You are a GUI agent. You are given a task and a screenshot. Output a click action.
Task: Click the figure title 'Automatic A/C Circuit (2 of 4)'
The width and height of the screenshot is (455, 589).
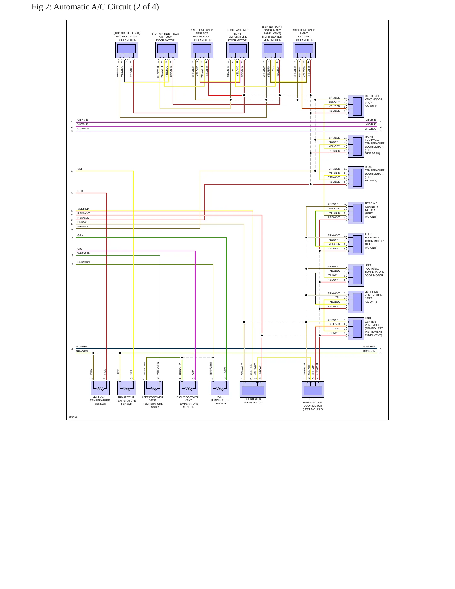(x=106, y=7)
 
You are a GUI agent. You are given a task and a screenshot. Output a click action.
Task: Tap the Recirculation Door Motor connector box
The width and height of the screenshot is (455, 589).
(x=127, y=50)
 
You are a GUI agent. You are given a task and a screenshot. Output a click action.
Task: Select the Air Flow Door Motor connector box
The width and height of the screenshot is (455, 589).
(x=167, y=50)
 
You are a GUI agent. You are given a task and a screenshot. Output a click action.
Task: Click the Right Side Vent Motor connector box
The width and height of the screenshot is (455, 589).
(x=356, y=106)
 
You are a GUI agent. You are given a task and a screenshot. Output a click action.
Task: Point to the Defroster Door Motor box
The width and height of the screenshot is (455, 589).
(x=253, y=390)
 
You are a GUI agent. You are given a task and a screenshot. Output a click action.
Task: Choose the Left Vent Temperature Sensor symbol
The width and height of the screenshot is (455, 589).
(x=100, y=388)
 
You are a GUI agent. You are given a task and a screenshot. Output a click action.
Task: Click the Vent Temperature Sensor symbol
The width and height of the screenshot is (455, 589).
(x=220, y=388)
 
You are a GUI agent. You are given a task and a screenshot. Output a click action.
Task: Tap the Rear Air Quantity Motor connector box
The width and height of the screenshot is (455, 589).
(x=356, y=213)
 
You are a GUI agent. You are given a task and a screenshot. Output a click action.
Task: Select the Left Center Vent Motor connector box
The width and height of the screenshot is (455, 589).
(x=356, y=329)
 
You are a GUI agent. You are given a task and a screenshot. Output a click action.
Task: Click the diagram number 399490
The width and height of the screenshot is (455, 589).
(x=73, y=417)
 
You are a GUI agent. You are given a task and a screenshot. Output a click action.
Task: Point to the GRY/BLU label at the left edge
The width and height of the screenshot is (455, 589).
(x=83, y=129)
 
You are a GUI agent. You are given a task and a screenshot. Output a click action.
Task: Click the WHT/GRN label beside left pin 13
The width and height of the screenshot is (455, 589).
(x=84, y=253)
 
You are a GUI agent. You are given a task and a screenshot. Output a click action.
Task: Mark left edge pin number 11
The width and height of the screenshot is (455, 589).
(x=72, y=238)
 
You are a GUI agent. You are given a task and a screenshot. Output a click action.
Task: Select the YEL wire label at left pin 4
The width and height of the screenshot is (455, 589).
(x=80, y=169)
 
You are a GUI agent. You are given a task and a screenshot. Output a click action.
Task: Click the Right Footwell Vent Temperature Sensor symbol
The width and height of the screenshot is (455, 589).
(x=189, y=388)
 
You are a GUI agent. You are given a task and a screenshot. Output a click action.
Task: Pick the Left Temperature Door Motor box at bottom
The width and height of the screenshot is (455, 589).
(x=313, y=390)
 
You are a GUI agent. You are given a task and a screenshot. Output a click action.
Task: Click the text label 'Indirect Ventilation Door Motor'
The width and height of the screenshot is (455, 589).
(x=202, y=37)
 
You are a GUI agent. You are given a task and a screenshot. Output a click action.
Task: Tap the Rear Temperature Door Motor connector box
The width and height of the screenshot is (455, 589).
(x=356, y=178)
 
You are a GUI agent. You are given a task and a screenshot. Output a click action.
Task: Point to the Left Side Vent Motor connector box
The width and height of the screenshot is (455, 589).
(x=356, y=302)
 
